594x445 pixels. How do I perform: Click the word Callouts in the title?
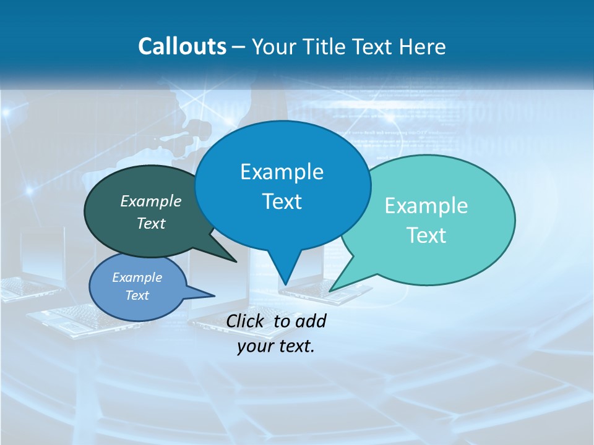coord(182,46)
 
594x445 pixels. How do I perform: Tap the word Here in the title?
coord(422,46)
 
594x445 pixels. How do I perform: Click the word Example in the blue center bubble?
coord(282,172)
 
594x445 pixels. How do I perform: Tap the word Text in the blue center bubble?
coord(282,201)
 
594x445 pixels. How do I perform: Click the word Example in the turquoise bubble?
coord(426,206)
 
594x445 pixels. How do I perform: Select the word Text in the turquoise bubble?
coord(426,235)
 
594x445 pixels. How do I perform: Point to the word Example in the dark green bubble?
coord(151,201)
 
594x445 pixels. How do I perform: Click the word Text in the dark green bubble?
coord(151,223)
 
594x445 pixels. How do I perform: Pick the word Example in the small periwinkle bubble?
coord(137,278)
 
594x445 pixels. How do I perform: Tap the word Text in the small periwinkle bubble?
coord(137,295)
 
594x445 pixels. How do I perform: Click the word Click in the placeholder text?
coord(246,321)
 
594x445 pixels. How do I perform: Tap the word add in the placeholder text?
coord(311,321)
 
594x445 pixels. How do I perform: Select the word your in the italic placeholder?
coord(254,346)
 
